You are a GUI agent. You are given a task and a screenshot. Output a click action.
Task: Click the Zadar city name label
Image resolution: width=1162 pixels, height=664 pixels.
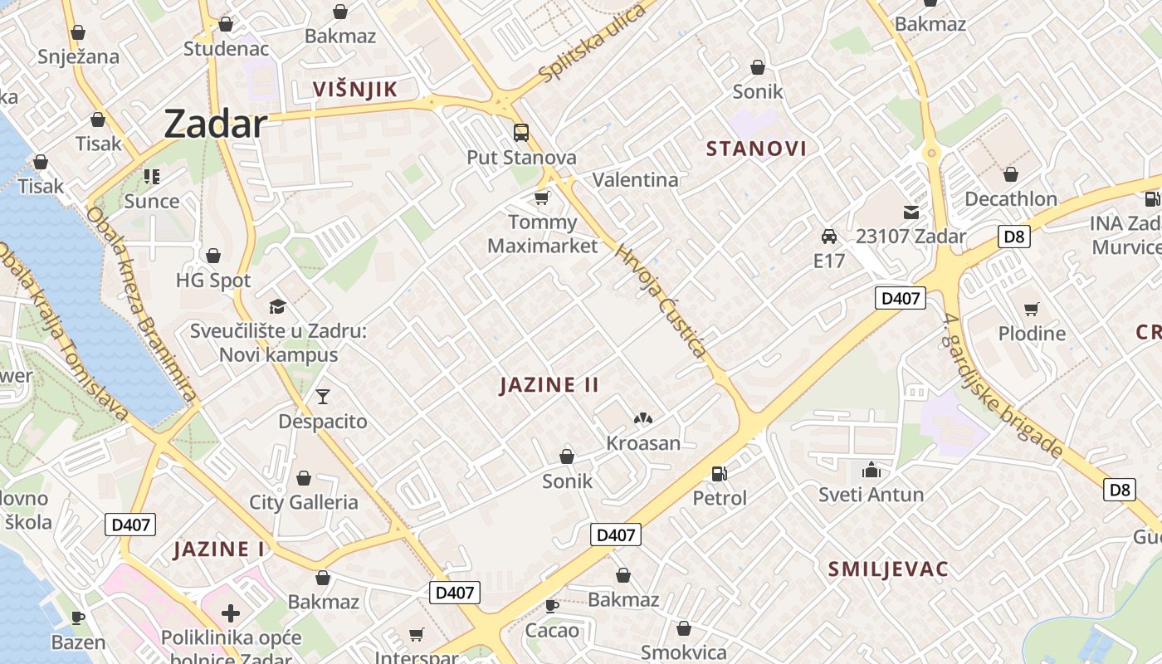[215, 124]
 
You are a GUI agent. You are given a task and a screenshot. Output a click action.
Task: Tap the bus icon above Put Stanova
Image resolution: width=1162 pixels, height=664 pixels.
[521, 132]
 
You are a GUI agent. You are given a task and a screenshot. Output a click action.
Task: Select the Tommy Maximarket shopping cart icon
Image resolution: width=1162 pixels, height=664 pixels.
[542, 198]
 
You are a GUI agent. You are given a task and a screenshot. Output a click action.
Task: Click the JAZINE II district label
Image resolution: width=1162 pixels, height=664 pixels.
[549, 385]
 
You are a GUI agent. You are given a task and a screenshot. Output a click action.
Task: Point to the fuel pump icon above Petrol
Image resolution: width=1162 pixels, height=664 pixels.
[720, 474]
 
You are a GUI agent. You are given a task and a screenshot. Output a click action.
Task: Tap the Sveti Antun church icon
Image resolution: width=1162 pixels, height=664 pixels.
[871, 471]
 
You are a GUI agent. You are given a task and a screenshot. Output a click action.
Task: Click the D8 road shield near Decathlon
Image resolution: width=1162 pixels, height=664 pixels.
[1015, 237]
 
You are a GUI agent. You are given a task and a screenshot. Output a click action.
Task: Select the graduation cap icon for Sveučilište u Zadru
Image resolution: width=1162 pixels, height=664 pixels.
[277, 307]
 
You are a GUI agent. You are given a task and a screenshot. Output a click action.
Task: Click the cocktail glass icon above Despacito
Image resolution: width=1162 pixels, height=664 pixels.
[323, 397]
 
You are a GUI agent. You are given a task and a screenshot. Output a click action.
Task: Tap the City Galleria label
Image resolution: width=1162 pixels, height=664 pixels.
[304, 502]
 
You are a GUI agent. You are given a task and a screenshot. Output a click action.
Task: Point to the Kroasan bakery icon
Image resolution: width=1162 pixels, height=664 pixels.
[643, 419]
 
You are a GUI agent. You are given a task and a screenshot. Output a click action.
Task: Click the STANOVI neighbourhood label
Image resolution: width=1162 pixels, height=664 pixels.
[756, 149]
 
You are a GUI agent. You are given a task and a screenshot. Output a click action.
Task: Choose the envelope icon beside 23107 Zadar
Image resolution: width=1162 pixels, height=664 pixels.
[911, 212]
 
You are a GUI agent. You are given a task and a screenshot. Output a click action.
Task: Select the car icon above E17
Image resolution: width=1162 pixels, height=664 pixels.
[828, 237]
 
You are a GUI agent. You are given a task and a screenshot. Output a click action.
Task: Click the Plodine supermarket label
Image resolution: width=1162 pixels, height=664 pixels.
[1032, 334]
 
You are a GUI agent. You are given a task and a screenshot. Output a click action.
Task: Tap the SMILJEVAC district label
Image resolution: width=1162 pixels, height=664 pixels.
[888, 569]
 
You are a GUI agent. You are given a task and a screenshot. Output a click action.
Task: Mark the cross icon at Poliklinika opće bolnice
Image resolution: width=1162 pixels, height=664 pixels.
[231, 614]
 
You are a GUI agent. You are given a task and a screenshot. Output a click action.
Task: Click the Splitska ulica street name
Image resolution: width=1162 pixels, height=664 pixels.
[592, 43]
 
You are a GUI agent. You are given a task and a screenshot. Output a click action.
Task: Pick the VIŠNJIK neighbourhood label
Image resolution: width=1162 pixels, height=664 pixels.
[355, 90]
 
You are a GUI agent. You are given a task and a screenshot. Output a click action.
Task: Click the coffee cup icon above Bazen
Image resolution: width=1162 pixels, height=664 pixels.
[78, 618]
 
